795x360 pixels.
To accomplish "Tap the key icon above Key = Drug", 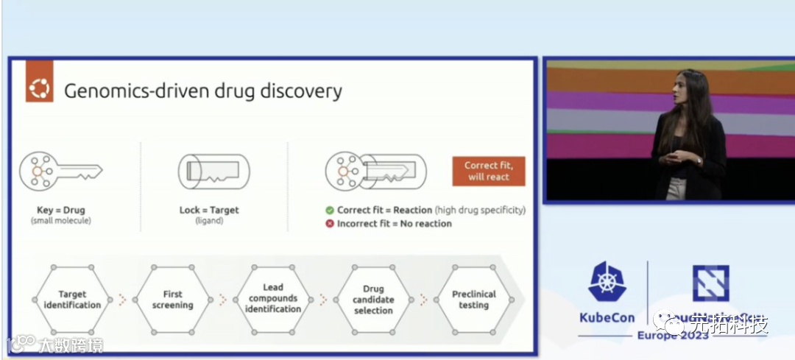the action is click(x=60, y=172).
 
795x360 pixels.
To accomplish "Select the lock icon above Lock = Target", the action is click(x=213, y=172).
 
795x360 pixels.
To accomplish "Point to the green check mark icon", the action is click(x=330, y=210).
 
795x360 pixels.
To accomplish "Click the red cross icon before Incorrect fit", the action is click(x=330, y=223).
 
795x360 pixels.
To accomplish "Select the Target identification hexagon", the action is click(x=72, y=300).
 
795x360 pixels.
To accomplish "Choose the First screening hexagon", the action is click(x=172, y=300).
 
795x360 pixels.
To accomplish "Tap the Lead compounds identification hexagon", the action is click(x=273, y=299).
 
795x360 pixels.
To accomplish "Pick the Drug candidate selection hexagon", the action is click(x=373, y=300).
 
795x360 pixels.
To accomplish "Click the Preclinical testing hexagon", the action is click(x=473, y=300).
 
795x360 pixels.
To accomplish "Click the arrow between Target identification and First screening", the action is click(x=122, y=300).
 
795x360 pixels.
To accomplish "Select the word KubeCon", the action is click(x=607, y=318).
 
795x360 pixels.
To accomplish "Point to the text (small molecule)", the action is click(x=60, y=221).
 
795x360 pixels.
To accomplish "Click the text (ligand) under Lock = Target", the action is click(x=210, y=221).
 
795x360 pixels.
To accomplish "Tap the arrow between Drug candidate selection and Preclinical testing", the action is click(x=423, y=300).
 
